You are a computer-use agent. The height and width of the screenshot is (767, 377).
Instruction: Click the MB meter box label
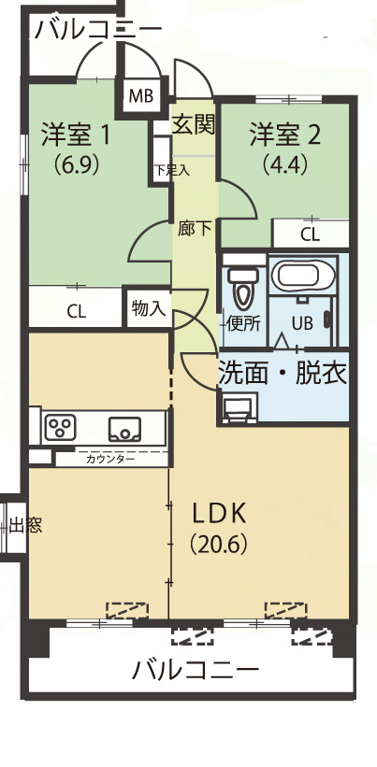(x=141, y=95)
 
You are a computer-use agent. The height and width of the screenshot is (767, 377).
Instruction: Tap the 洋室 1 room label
(x=76, y=135)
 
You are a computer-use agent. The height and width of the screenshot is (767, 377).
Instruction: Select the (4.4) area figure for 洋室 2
(x=284, y=164)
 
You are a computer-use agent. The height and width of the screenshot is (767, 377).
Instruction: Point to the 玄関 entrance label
(x=194, y=126)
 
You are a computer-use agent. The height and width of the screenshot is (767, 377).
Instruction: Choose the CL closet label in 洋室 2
(x=310, y=235)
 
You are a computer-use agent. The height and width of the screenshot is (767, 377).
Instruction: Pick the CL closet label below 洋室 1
(x=76, y=311)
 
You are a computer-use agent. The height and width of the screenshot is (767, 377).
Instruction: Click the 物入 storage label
(x=149, y=308)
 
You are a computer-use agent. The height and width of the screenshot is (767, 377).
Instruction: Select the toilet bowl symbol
(x=243, y=289)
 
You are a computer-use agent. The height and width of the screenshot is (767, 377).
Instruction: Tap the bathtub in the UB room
(x=303, y=276)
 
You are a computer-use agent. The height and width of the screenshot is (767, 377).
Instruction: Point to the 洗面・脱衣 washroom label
(x=283, y=374)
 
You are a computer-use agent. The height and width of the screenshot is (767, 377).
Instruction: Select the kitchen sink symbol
(x=124, y=429)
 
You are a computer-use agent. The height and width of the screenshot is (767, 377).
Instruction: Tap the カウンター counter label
(x=110, y=460)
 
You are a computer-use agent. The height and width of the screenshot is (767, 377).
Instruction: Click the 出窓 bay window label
(x=25, y=526)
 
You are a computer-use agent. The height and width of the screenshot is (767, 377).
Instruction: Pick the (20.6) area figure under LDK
(x=218, y=544)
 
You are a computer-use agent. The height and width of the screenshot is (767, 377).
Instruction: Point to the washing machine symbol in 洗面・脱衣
(x=239, y=407)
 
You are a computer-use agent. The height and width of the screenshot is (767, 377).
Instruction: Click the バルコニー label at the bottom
(x=196, y=670)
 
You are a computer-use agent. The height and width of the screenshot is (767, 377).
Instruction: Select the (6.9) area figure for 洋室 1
(x=77, y=163)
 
